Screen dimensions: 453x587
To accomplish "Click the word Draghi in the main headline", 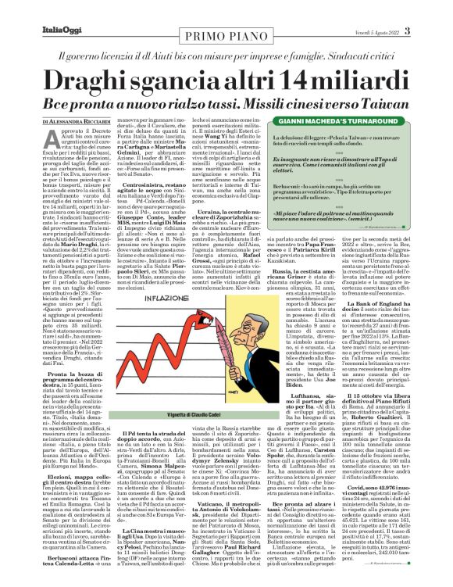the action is pos(102,81).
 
